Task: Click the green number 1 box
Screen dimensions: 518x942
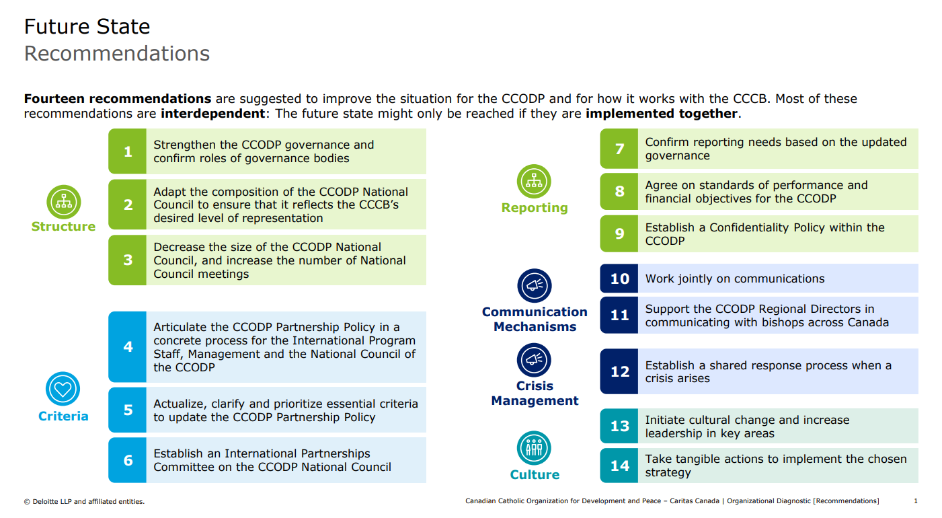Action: click(128, 151)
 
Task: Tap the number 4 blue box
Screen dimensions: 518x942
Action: click(128, 347)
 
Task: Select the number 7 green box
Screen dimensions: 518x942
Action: click(619, 149)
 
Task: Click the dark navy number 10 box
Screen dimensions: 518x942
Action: click(619, 279)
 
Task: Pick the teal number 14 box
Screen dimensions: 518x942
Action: click(619, 466)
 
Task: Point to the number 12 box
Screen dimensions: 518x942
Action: click(619, 371)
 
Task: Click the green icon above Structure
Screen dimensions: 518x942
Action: click(64, 202)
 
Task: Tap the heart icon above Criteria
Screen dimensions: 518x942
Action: click(63, 389)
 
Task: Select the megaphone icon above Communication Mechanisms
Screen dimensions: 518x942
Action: click(535, 286)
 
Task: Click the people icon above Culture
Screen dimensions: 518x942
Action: click(535, 448)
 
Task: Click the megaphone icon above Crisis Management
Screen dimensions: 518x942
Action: click(535, 360)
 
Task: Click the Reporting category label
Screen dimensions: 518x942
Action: click(535, 208)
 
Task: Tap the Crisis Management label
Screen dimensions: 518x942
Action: click(535, 394)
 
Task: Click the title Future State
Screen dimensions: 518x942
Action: click(87, 27)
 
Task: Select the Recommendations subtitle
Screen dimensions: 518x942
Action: click(117, 54)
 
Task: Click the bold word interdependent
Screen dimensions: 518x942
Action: click(212, 114)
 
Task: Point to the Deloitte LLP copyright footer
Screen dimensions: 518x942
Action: click(84, 501)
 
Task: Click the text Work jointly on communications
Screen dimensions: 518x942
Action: click(735, 279)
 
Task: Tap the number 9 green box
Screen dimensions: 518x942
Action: click(619, 233)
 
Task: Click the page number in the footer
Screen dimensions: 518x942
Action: click(916, 501)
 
